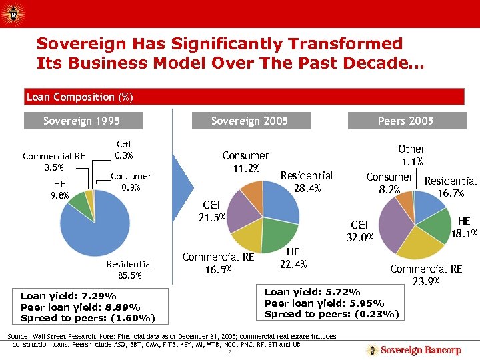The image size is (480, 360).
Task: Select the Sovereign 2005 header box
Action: (249, 121)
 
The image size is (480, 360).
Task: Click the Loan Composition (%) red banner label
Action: (79, 97)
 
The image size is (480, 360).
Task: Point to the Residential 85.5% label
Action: (129, 269)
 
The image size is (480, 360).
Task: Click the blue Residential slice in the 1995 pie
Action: (97, 227)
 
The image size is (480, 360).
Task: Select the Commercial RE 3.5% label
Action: (54, 162)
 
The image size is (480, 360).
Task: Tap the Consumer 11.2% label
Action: (245, 161)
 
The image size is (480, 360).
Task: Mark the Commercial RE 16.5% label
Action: (218, 263)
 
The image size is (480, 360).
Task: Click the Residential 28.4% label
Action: (307, 182)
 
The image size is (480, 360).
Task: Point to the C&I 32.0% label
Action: (363, 231)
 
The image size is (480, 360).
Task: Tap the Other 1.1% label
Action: (411, 155)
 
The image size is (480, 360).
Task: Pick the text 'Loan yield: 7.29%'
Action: (69, 296)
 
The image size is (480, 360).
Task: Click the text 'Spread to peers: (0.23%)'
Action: (331, 313)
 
